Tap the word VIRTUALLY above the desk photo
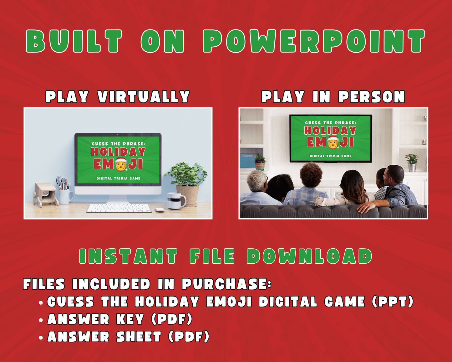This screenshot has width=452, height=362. (x=144, y=96)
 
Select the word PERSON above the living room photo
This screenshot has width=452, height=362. (x=372, y=96)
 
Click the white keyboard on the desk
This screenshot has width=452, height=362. (x=119, y=208)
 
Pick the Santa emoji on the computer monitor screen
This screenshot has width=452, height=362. (x=121, y=164)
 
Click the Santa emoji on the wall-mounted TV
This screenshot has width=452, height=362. (x=333, y=142)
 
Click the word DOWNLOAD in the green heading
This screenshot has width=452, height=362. (x=309, y=256)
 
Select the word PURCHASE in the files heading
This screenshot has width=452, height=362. (x=227, y=284)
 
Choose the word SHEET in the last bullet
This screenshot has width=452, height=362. (x=139, y=337)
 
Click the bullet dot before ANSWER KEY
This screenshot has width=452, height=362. (x=41, y=320)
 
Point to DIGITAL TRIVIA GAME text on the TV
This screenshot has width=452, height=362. (x=330, y=156)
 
